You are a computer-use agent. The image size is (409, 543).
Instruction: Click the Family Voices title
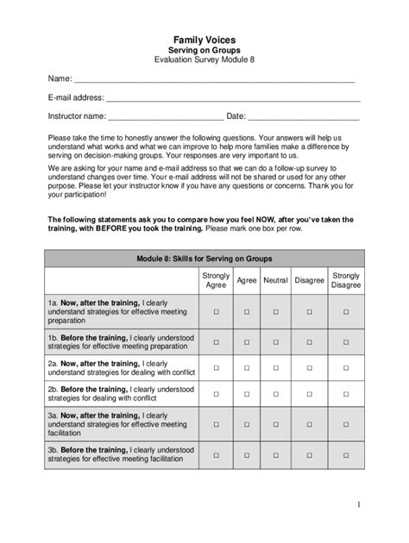click(x=204, y=40)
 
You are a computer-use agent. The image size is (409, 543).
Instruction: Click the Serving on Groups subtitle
click(x=204, y=51)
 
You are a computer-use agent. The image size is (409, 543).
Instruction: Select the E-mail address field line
click(x=233, y=99)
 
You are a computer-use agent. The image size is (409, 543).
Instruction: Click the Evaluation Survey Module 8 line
click(x=204, y=61)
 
